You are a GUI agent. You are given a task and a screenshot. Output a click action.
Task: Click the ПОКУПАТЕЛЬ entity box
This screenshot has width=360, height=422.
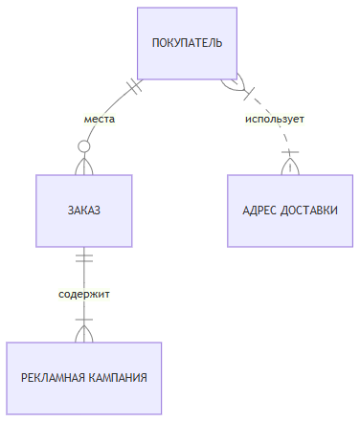point(188,43)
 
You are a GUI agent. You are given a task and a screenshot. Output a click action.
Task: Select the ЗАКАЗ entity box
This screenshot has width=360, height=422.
point(83,210)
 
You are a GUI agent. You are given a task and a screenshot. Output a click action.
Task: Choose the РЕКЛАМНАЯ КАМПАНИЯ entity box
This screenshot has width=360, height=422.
point(84,377)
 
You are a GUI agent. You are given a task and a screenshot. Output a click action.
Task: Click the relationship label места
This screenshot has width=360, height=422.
point(99,120)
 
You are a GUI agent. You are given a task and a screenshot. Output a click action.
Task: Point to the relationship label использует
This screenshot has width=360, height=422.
point(274,120)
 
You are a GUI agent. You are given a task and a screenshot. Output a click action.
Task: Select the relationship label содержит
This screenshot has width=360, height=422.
point(83,294)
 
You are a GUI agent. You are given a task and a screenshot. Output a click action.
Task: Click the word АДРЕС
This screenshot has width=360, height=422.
point(259,210)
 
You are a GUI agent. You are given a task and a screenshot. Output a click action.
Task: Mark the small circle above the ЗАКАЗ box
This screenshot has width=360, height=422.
point(84,146)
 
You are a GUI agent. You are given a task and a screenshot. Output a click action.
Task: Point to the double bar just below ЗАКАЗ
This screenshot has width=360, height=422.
point(84,256)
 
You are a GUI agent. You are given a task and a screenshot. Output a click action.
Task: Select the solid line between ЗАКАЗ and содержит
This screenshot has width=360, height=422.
point(84,273)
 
